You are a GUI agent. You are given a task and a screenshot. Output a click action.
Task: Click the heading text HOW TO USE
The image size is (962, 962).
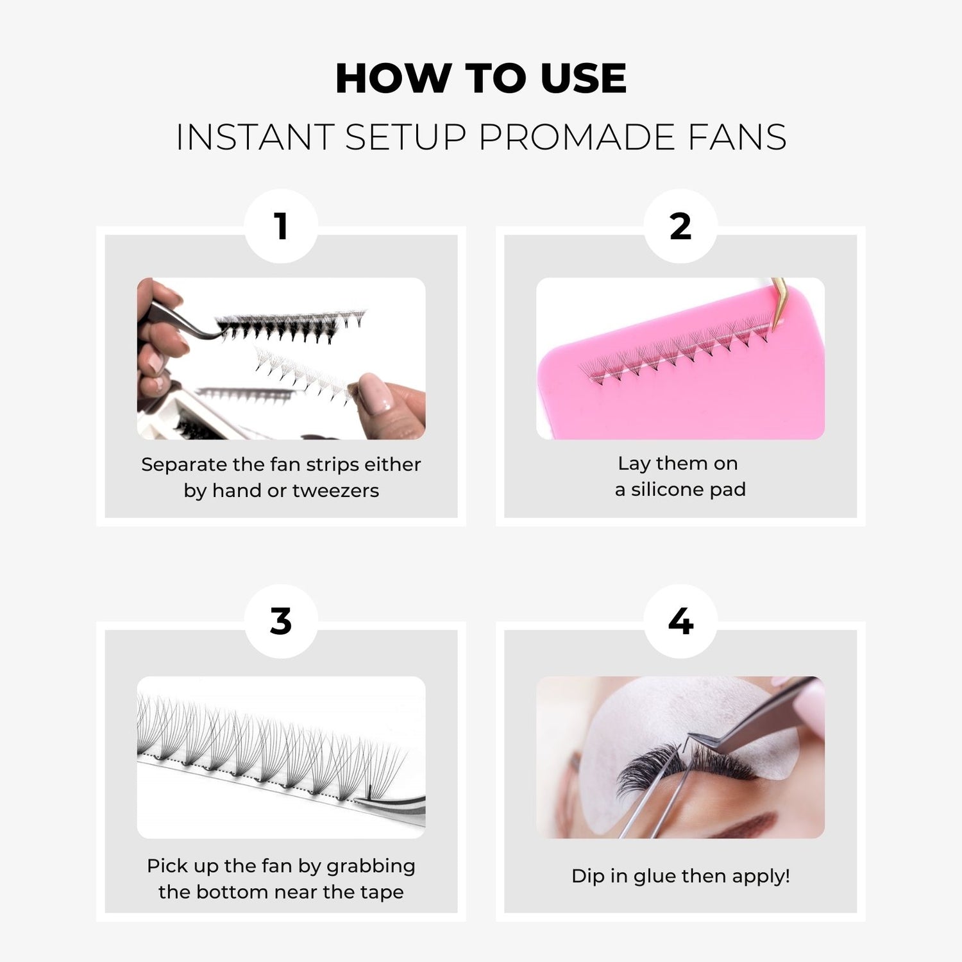(x=481, y=78)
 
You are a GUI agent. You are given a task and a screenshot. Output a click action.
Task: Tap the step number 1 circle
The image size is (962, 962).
(x=281, y=226)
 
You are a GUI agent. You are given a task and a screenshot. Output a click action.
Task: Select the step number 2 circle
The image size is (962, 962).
(x=680, y=226)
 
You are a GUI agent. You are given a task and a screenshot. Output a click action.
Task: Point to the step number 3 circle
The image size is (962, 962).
(x=281, y=621)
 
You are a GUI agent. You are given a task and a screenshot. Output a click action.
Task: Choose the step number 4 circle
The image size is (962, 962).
(x=680, y=621)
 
